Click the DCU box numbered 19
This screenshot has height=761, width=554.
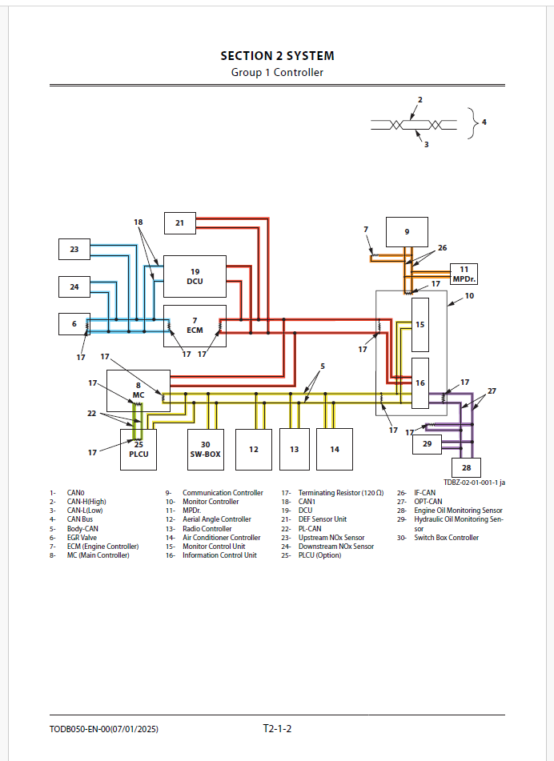[x=195, y=276]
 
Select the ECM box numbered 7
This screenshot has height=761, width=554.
[x=195, y=325]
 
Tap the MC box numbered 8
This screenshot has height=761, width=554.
[x=138, y=390]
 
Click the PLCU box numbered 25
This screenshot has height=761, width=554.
[x=138, y=449]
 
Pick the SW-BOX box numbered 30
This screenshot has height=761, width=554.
[x=205, y=449]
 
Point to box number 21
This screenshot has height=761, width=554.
[x=179, y=223]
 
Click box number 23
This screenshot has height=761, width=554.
[x=74, y=250]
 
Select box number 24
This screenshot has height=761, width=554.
[x=74, y=286]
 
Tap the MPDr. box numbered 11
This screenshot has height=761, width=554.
[x=464, y=274]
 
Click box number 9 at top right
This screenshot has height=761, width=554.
[x=407, y=231]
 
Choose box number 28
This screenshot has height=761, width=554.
[x=466, y=467]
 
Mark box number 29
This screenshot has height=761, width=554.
[x=427, y=443]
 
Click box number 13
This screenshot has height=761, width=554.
[x=294, y=449]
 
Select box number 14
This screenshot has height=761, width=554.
[x=335, y=449]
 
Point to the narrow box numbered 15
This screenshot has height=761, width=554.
[x=420, y=324]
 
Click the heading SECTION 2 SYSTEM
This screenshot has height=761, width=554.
[x=277, y=56]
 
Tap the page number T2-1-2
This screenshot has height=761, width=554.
[x=277, y=729]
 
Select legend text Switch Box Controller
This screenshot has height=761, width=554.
[x=446, y=538]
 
